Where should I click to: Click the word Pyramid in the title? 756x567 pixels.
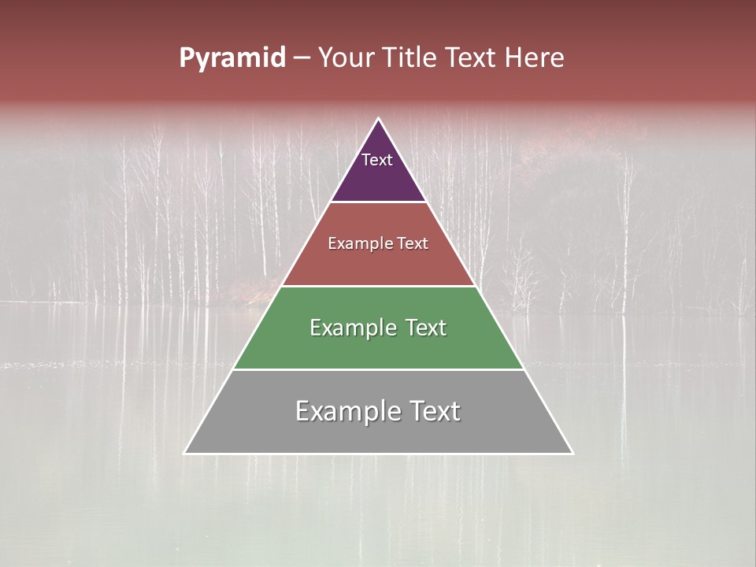(232, 58)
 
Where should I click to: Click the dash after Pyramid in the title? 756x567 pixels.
(302, 58)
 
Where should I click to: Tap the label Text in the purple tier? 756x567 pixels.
(377, 161)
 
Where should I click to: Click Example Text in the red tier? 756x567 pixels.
(378, 244)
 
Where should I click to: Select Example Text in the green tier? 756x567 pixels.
(378, 328)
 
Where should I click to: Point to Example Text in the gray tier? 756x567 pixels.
(378, 411)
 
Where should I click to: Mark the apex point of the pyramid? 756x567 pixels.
(379, 119)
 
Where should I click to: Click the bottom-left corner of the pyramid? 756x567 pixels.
(185, 453)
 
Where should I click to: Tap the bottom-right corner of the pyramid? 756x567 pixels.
(573, 453)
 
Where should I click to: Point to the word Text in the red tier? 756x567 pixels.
(413, 244)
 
